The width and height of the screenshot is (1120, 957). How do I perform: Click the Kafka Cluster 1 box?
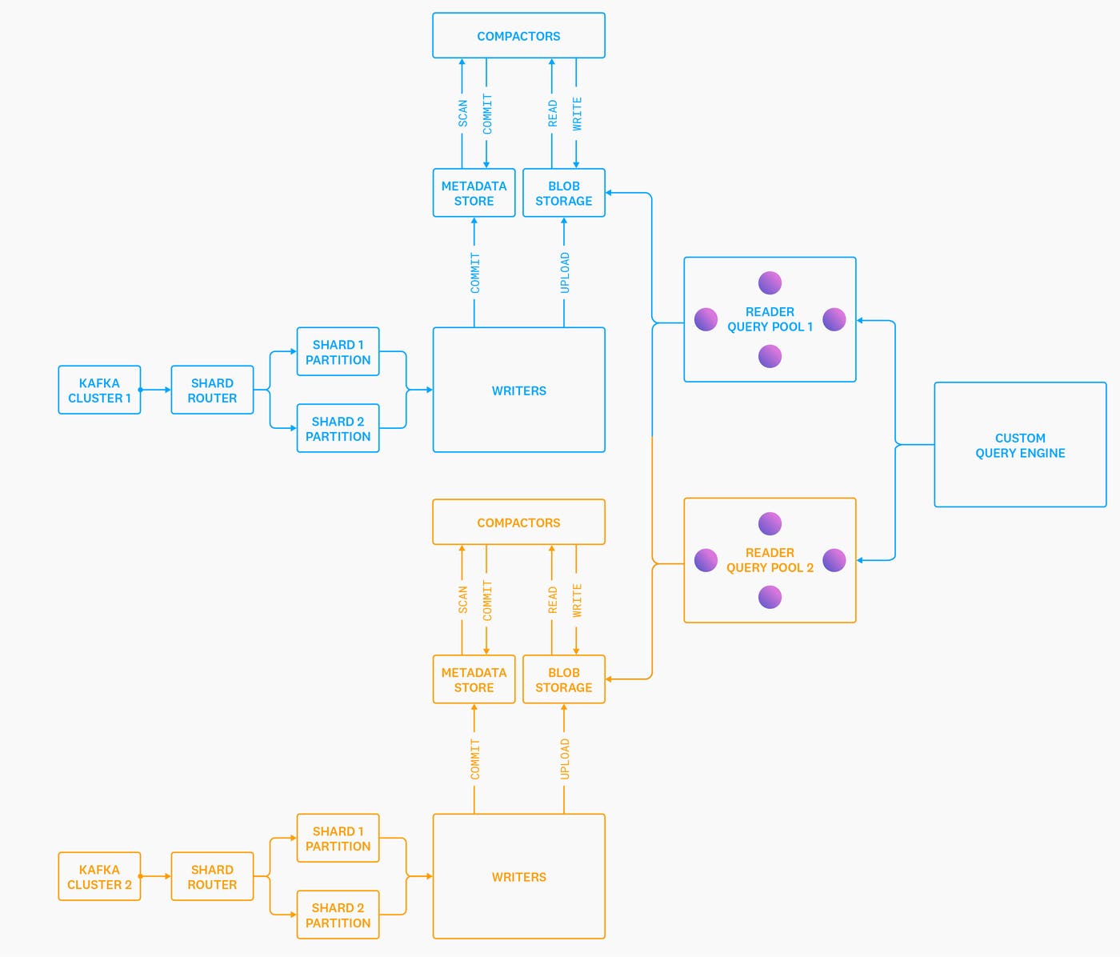(99, 390)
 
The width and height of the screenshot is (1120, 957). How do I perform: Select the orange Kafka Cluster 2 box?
(99, 877)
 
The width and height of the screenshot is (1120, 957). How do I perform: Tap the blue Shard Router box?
(212, 390)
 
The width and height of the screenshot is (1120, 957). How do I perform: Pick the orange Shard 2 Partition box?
(338, 915)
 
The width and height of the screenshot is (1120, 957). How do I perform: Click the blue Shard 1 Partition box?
(338, 352)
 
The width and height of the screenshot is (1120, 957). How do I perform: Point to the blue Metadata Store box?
(474, 194)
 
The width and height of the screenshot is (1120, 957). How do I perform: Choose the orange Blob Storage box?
(563, 680)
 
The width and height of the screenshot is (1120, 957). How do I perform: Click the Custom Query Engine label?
(1020, 446)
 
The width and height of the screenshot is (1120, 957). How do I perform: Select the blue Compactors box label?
(518, 36)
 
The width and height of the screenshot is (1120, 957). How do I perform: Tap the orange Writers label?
(518, 877)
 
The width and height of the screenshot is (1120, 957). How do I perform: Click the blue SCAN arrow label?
(462, 114)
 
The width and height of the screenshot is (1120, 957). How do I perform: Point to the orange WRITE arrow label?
(577, 600)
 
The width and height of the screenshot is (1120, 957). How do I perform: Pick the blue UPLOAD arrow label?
(565, 273)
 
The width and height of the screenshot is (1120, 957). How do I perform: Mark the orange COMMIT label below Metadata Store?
(475, 759)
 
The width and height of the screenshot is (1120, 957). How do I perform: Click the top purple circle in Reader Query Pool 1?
(770, 282)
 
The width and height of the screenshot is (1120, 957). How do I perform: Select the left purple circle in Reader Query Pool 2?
(706, 560)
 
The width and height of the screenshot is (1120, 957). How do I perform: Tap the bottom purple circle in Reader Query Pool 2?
(770, 597)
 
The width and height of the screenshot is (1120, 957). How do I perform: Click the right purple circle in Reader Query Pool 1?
(834, 319)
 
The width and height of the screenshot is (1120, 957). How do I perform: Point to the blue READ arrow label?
(552, 114)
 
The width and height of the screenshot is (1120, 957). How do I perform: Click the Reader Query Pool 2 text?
(770, 560)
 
